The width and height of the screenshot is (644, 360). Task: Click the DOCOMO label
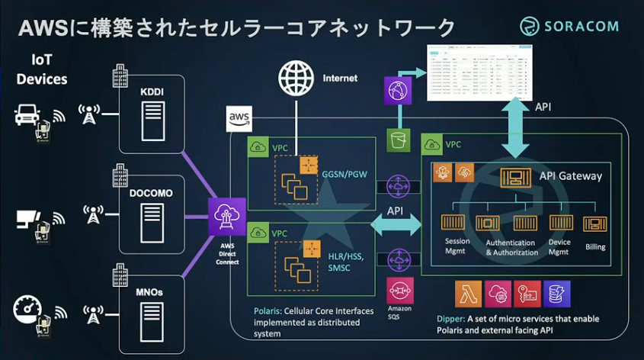tap(151, 193)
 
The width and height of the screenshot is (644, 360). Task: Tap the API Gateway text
tap(570, 176)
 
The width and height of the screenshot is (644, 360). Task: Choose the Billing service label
tap(595, 247)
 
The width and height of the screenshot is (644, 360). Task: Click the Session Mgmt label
tap(457, 246)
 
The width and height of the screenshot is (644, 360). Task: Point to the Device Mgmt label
tap(560, 246)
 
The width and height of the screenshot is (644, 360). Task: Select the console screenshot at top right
tap(479, 72)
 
